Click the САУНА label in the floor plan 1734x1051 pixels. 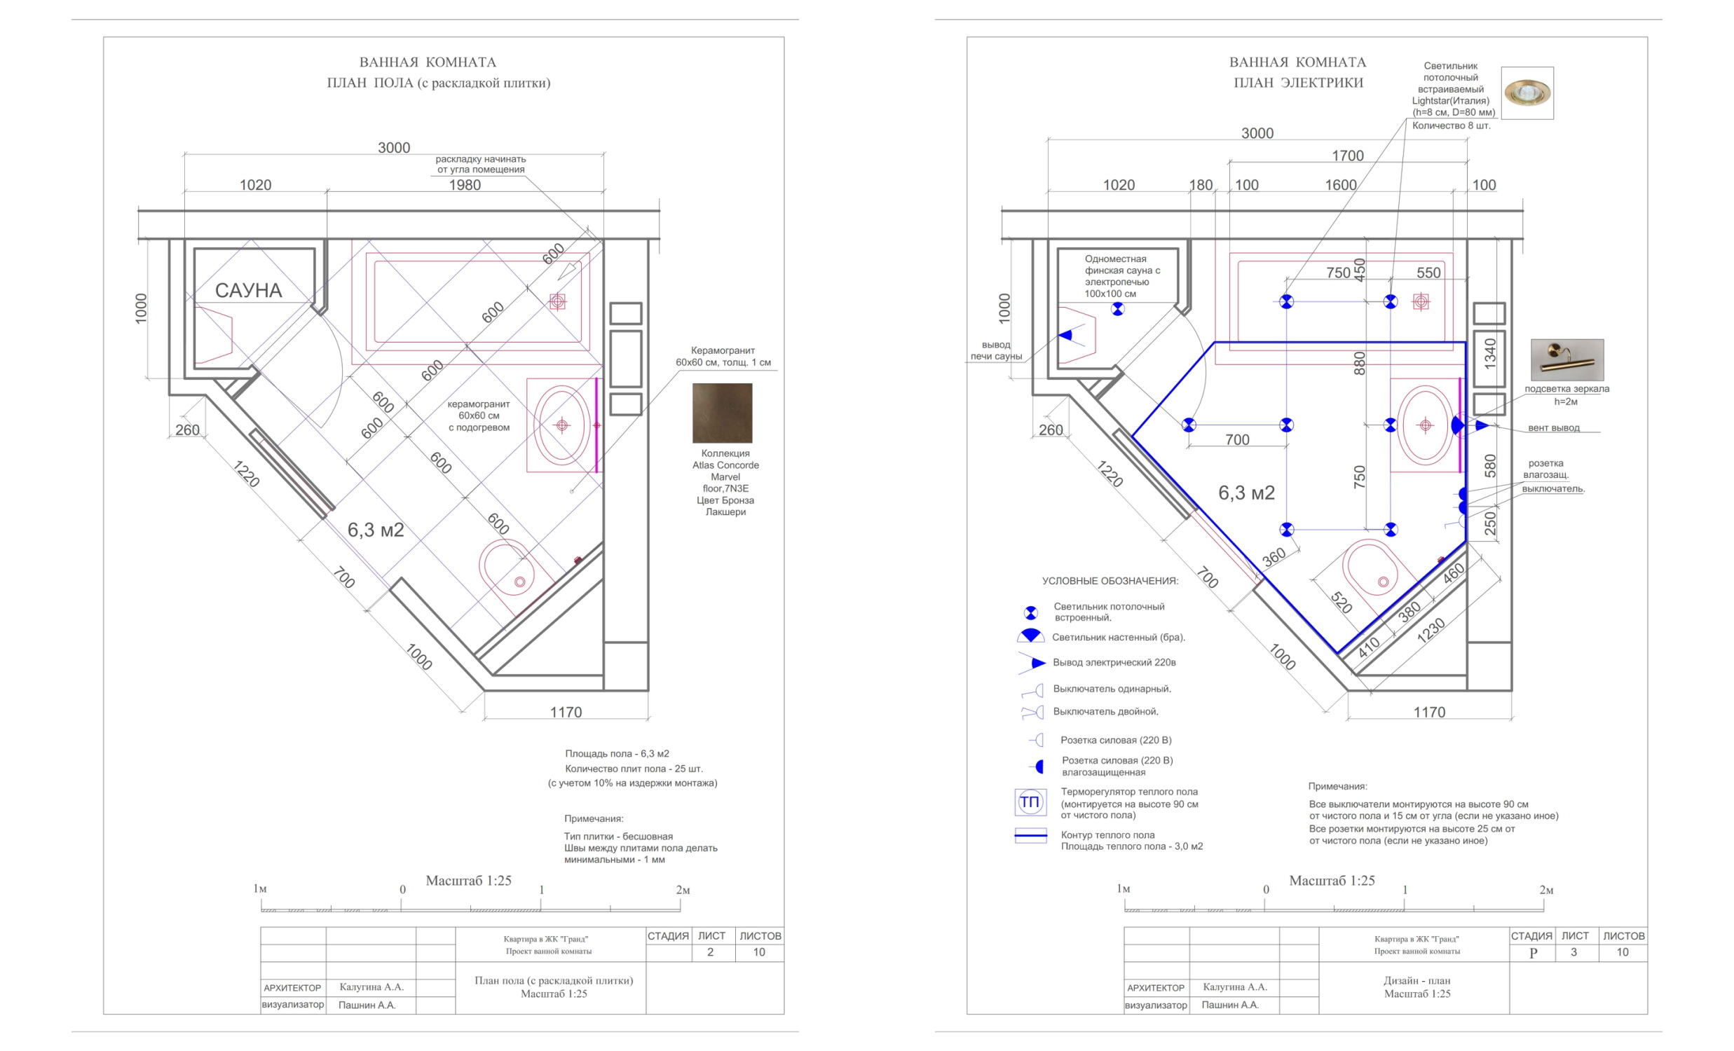(248, 291)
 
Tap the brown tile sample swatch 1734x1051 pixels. (722, 413)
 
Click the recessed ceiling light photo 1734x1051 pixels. (1527, 93)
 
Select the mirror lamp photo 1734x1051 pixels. (1567, 359)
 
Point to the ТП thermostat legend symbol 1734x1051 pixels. (1030, 802)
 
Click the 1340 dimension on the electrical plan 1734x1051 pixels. (1491, 354)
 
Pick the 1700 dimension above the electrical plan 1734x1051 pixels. (1348, 156)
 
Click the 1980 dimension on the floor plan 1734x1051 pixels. (465, 185)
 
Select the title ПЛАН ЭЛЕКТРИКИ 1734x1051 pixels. (1298, 82)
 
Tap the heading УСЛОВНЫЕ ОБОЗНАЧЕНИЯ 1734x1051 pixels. (1110, 581)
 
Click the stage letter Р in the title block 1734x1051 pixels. (1534, 953)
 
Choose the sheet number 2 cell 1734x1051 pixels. (711, 952)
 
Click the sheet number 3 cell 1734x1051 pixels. (1574, 952)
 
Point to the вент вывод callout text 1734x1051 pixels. (1554, 427)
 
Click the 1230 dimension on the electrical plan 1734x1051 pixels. (1431, 631)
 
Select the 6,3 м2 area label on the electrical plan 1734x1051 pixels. (1246, 493)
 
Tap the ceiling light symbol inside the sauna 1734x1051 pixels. (1117, 309)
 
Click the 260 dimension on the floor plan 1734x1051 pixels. (187, 430)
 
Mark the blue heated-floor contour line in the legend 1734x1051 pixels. (1030, 836)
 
